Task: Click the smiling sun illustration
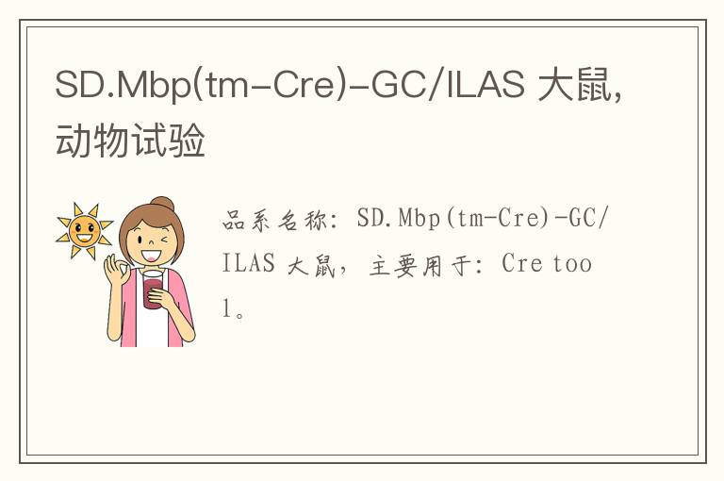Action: coord(85,230)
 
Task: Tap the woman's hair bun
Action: coord(163,204)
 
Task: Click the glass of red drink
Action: coord(154,290)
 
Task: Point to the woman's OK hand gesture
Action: coord(116,270)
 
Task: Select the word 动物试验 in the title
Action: coord(130,140)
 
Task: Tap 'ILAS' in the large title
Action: coord(485,85)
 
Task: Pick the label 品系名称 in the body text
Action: coord(274,220)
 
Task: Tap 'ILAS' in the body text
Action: coord(249,263)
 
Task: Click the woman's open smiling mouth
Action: coord(151,256)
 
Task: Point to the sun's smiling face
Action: coord(85,231)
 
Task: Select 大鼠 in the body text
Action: coord(311,266)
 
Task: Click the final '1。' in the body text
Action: coord(234,308)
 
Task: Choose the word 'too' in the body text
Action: coord(572,264)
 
